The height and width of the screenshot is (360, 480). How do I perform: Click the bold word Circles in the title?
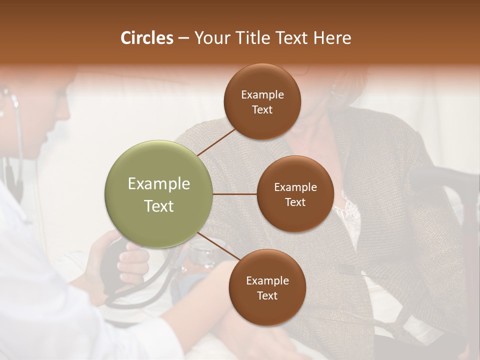(x=147, y=38)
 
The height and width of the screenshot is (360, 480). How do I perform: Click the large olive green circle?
(x=158, y=194)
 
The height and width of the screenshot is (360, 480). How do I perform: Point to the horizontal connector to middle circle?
(x=234, y=194)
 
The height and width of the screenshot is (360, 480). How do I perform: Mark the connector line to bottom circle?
(x=219, y=246)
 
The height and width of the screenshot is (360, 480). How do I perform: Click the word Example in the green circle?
(x=158, y=184)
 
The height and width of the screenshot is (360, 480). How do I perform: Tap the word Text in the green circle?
(x=158, y=206)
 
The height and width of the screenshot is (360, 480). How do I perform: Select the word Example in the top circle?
(x=262, y=95)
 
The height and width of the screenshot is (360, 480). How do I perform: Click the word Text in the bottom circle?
(x=267, y=295)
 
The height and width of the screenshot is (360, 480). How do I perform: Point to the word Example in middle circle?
(x=295, y=187)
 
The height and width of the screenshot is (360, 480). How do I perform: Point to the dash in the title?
(x=183, y=38)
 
